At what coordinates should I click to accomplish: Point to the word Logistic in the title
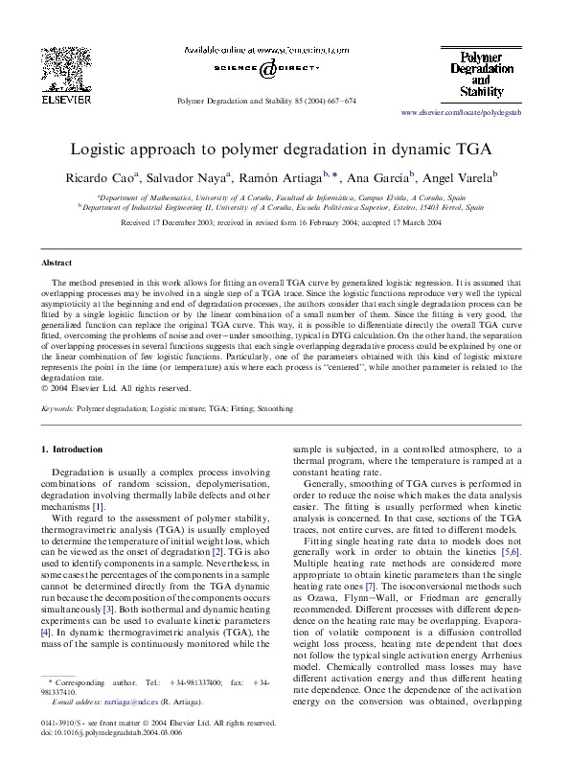(102, 150)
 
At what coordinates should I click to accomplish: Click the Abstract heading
(56, 262)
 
